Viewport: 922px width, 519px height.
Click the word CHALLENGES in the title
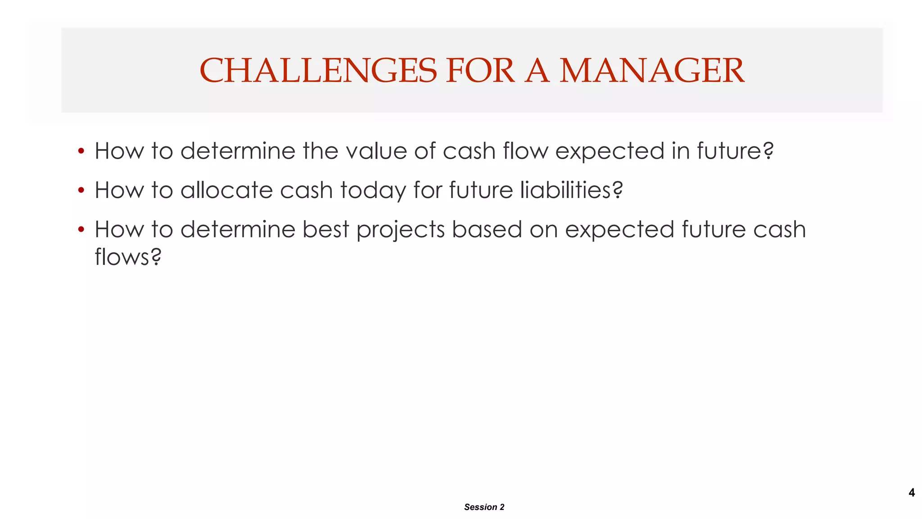tap(318, 71)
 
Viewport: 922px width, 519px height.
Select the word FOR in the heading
tap(480, 71)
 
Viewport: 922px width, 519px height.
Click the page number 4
tap(911, 492)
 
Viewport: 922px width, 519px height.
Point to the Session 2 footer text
tap(484, 507)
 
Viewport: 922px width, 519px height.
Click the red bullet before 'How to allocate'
tap(81, 190)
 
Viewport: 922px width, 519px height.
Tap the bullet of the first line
tap(81, 151)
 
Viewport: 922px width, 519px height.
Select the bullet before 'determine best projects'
tap(81, 230)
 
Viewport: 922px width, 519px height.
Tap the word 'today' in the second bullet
tap(373, 190)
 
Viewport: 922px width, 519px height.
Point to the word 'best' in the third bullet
tap(325, 230)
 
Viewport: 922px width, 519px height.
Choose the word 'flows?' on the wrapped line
tap(128, 257)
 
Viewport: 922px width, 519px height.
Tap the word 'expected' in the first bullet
tap(610, 151)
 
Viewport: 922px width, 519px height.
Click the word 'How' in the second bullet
tap(119, 190)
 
